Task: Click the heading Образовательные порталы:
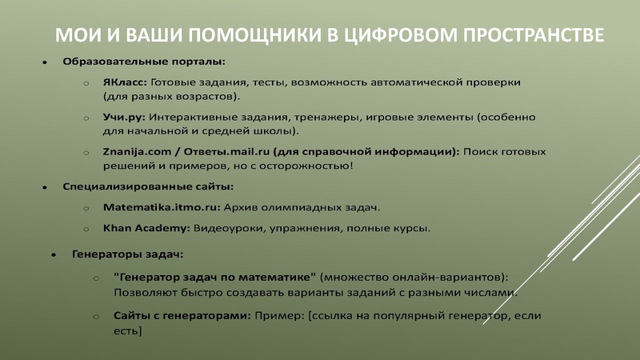[144, 61]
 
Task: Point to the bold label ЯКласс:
[124, 82]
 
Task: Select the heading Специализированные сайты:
[148, 186]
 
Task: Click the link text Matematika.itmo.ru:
[162, 207]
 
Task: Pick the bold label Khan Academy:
[146, 228]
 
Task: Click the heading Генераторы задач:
[128, 255]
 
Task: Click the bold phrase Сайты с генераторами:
[182, 315]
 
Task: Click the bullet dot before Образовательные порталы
[45, 62]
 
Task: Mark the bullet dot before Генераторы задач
[54, 256]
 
